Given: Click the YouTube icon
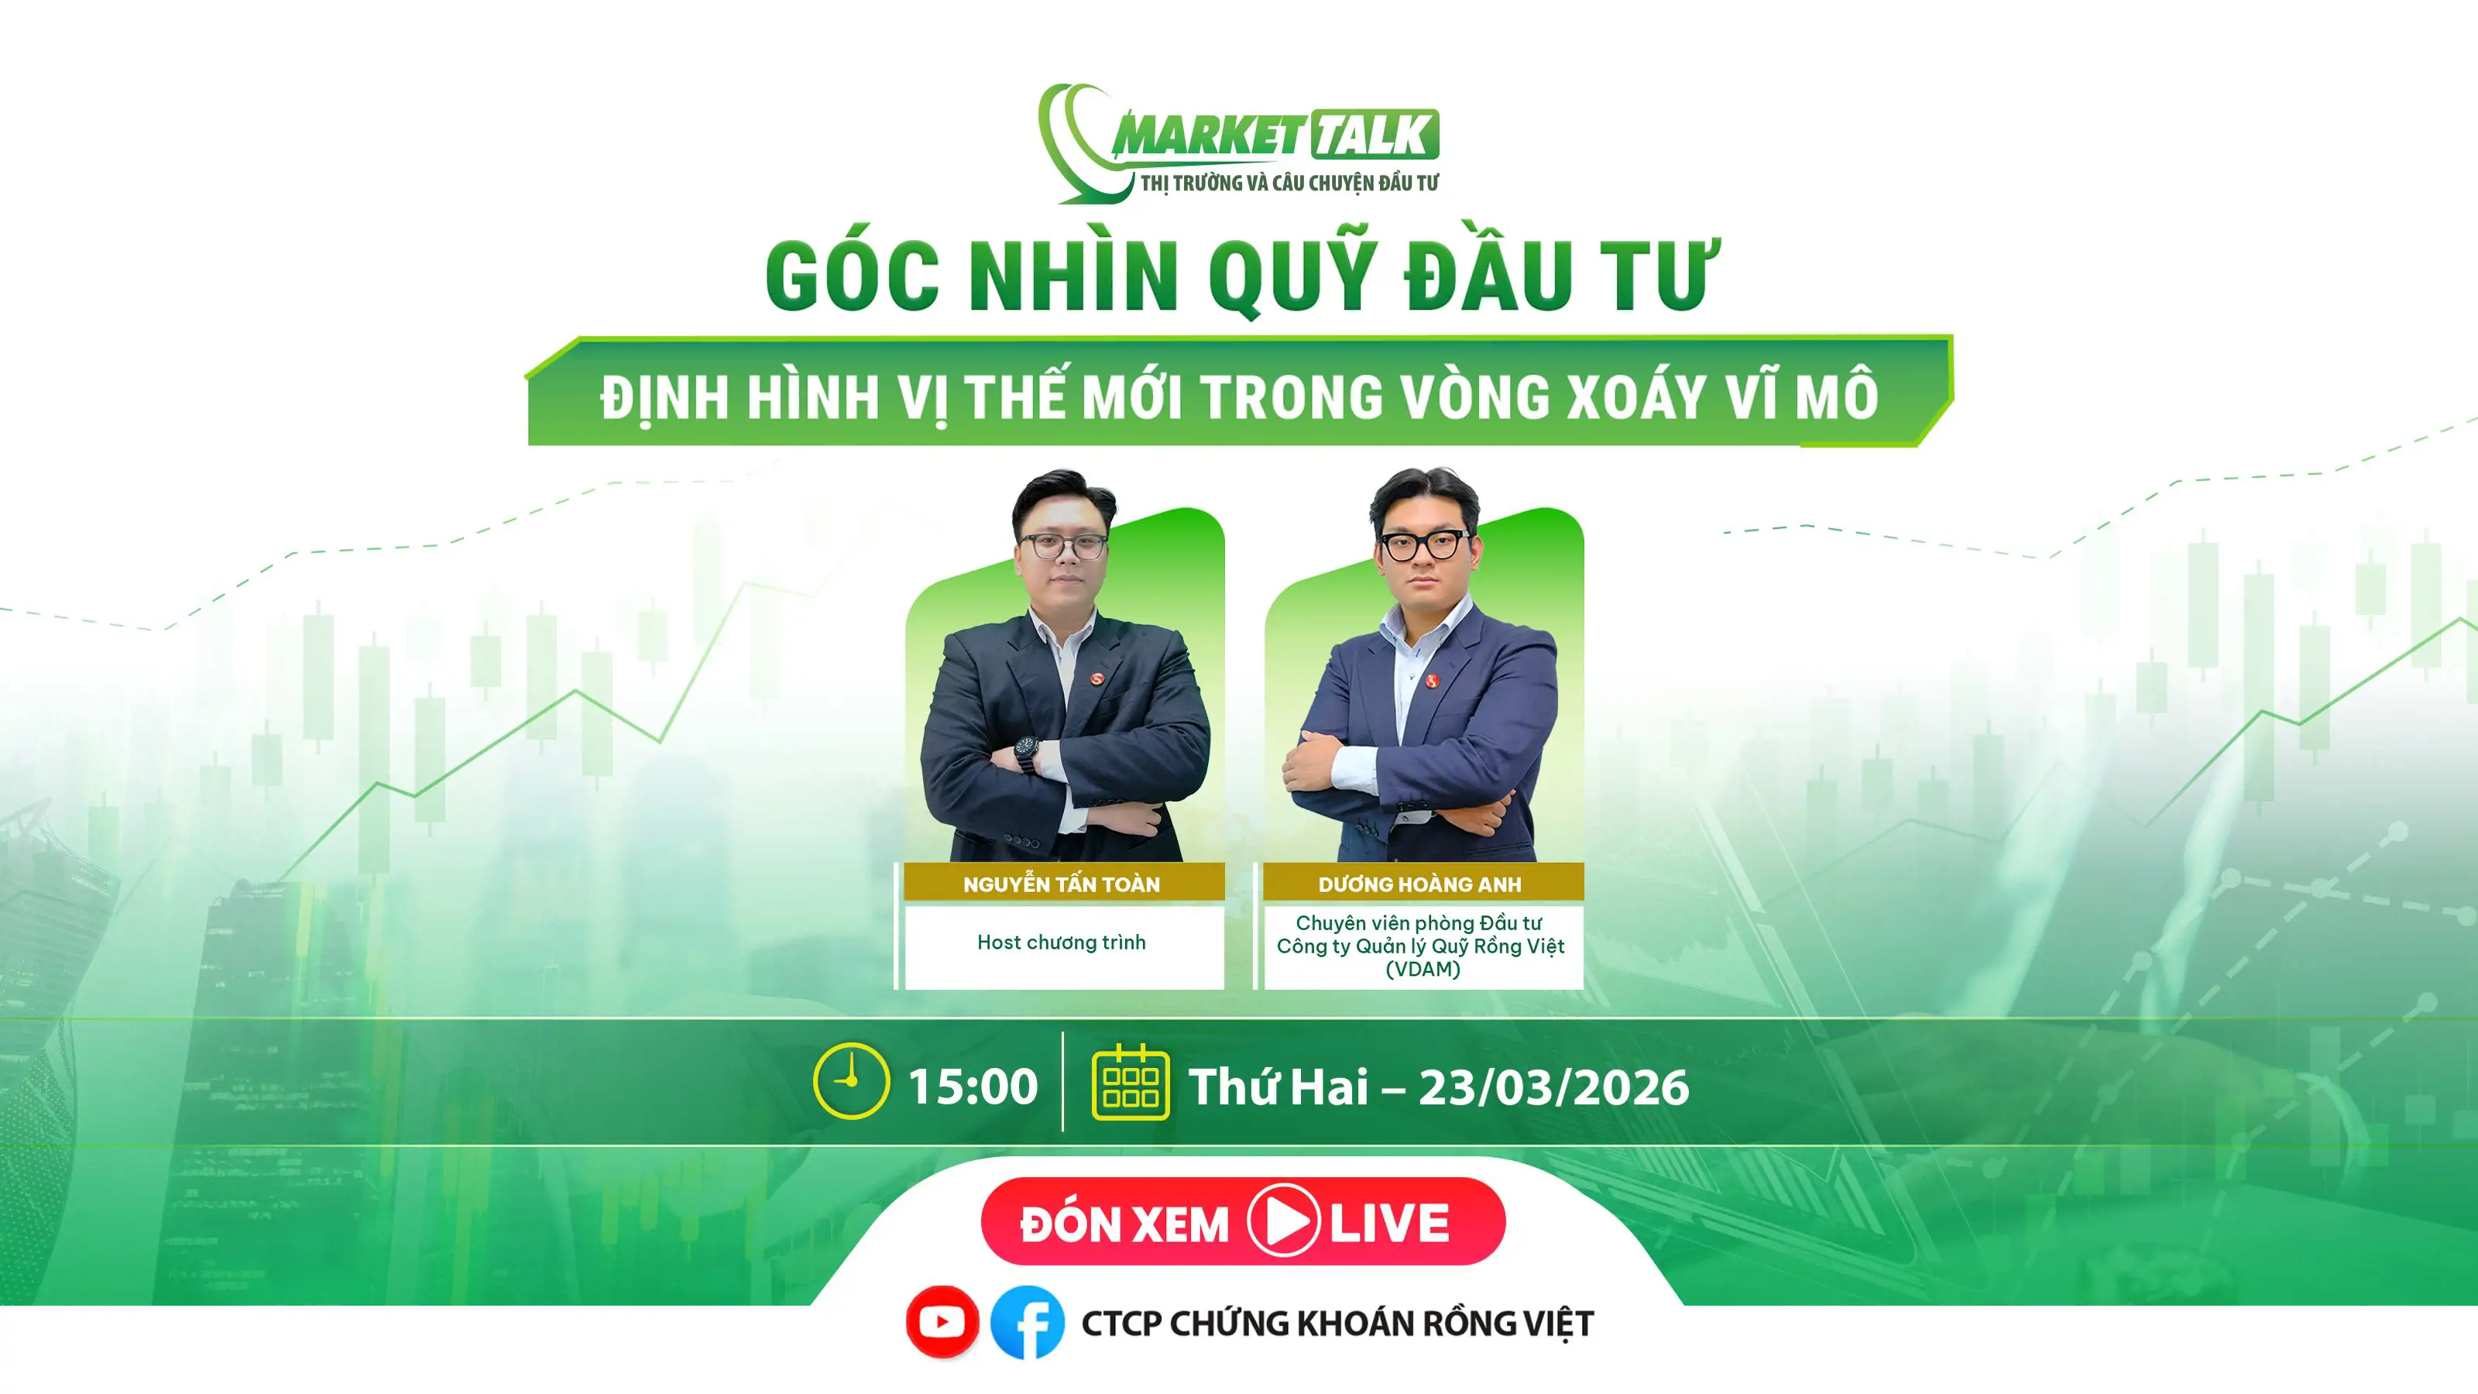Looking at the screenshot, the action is pos(942,1322).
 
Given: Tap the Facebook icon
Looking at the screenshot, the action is pos(1028,1322).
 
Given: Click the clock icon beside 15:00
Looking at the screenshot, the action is pos(850,1080).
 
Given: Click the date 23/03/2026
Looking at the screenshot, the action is pos(1553,1088).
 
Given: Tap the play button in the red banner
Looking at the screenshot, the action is pos(1283,1221).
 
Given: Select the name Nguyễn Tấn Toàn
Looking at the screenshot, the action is pos(1061,883).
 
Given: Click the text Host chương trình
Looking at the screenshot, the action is pos(1061,942).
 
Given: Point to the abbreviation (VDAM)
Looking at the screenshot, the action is pos(1422,969).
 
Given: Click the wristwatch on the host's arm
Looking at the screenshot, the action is pos(1026,755).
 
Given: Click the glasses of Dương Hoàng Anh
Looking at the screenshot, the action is pos(1424,545).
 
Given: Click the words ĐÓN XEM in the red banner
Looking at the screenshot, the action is pos(1124,1223).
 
